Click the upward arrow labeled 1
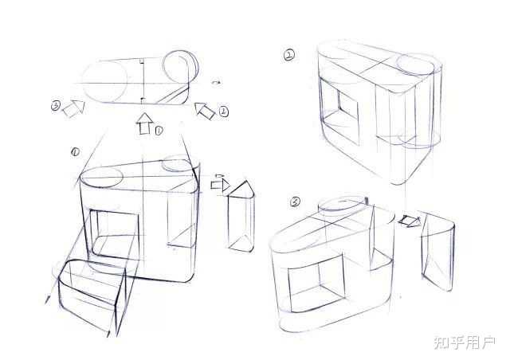click(145, 124)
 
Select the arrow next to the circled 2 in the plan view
click(205, 111)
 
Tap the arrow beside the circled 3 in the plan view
click(74, 108)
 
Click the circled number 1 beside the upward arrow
click(159, 131)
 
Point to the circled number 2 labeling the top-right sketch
click(289, 55)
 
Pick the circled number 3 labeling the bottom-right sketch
click(295, 202)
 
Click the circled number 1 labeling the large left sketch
click(75, 151)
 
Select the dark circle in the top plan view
click(180, 68)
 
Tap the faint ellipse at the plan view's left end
click(104, 81)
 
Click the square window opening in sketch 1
click(114, 235)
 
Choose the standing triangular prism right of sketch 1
click(241, 217)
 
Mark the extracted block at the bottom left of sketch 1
click(92, 297)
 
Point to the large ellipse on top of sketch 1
click(101, 178)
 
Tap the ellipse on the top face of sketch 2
click(415, 65)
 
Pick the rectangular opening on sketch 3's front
click(316, 283)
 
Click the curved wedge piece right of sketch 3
click(437, 252)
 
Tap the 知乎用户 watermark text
click(465, 342)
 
